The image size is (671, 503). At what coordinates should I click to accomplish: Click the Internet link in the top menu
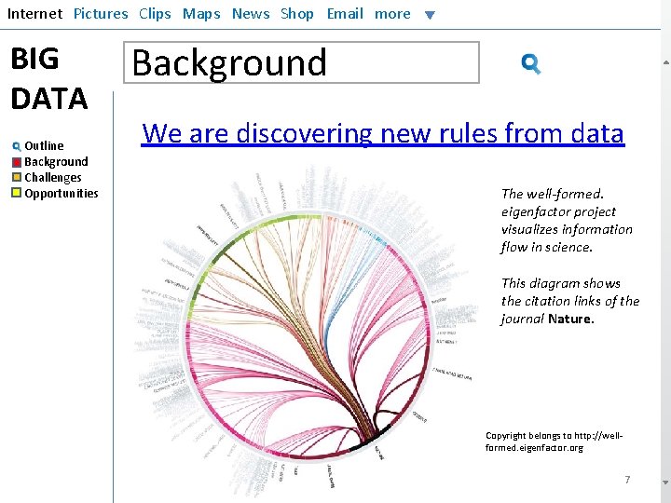click(34, 14)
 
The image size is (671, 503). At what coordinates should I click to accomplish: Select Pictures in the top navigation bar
click(101, 14)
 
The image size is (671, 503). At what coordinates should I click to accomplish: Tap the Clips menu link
click(155, 14)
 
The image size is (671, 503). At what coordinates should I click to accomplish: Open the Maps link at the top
click(201, 14)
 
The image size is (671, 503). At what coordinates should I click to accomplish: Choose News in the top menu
click(251, 14)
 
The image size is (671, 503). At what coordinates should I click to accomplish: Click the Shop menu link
click(297, 14)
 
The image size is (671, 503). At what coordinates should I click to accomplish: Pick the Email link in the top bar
click(345, 14)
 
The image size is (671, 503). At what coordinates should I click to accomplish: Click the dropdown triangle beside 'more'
click(430, 15)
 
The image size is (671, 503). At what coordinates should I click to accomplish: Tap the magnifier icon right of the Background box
click(531, 64)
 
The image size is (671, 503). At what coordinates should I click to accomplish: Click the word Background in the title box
click(229, 63)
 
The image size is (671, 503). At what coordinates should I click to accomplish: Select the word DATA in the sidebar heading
click(48, 98)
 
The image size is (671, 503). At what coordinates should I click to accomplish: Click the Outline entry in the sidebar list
click(44, 146)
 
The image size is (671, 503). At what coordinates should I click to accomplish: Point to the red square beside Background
click(17, 162)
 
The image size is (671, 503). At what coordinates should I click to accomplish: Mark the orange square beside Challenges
click(17, 178)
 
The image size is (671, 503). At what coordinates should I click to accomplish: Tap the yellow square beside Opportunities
click(17, 194)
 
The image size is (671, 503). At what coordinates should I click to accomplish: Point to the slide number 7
click(627, 480)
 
